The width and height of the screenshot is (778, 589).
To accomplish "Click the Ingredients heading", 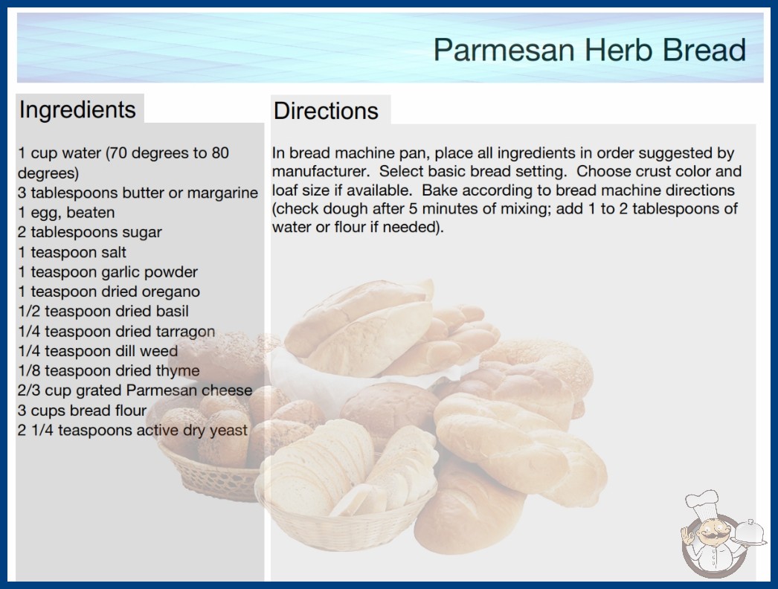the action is (77, 110).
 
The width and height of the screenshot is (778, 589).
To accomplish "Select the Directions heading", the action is (326, 111).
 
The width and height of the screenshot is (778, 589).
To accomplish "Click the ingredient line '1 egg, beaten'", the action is (66, 213).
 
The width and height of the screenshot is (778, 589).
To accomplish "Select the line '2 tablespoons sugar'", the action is (90, 232).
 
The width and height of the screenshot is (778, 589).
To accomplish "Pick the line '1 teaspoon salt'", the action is (72, 252).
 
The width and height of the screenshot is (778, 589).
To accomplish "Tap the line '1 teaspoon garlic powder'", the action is (108, 272).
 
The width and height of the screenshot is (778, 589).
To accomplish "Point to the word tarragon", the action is (185, 332).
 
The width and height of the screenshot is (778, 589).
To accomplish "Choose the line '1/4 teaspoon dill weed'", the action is (97, 351).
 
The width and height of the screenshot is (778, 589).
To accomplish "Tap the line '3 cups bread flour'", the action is (83, 411).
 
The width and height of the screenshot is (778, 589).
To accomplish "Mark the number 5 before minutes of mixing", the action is (413, 209).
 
